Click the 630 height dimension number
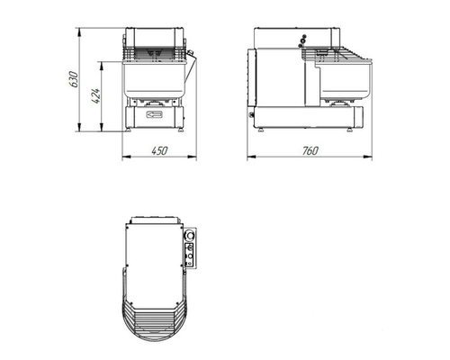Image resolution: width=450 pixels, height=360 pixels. click(74, 79)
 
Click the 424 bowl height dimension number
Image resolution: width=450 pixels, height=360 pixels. click(95, 95)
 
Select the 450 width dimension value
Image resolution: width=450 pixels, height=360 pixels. click(159, 150)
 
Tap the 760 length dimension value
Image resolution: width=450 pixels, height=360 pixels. click(310, 150)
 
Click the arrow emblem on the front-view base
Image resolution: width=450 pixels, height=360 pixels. click(154, 114)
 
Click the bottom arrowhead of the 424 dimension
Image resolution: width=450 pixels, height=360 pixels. click(102, 127)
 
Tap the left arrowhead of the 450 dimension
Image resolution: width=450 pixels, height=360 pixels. click(127, 157)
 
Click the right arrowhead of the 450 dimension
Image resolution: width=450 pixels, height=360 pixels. click(192, 157)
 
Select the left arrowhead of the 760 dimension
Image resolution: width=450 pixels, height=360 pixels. click(252, 157)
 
